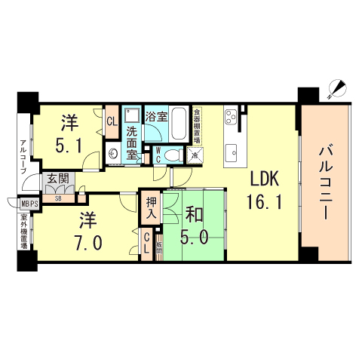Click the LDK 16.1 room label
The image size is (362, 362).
264,189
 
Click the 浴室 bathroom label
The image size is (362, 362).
157,117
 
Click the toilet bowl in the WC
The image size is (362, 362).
173,154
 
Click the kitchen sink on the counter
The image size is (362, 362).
231,147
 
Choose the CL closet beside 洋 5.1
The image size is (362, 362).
111,121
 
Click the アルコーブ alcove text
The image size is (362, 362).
24,156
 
